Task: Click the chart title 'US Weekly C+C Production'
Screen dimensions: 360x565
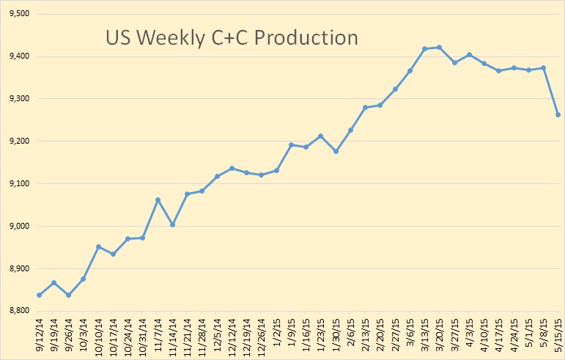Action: (232, 37)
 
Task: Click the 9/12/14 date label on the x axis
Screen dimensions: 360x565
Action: (39, 334)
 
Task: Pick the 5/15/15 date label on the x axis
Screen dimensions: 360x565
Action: (558, 334)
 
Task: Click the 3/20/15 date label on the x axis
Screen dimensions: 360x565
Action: (440, 334)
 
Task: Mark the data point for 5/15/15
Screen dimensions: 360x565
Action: (558, 114)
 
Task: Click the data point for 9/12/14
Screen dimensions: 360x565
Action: (39, 295)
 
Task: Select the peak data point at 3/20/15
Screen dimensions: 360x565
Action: (440, 48)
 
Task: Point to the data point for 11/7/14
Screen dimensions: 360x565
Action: (158, 199)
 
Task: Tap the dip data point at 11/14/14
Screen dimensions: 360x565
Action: (172, 224)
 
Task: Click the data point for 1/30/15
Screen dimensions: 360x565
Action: (336, 151)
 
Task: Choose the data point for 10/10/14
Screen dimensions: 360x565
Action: (98, 246)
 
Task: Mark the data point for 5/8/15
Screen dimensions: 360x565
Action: (543, 67)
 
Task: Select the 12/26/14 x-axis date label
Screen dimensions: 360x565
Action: (262, 334)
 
